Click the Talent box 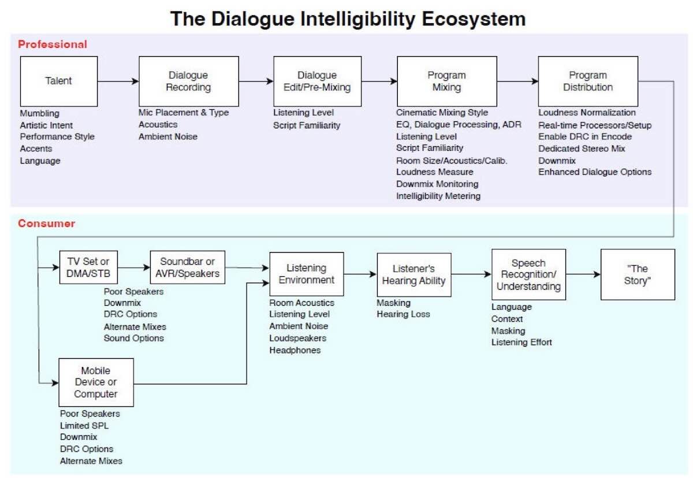tap(58, 81)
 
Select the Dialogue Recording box tap(188, 81)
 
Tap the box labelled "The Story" tap(637, 275)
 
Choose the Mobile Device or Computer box tap(96, 383)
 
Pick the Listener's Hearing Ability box tap(413, 275)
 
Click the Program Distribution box tap(587, 81)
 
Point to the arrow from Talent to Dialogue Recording tap(118, 81)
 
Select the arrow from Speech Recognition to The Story tap(583, 275)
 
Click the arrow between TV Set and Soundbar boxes tap(133, 268)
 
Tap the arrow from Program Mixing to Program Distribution tap(517, 81)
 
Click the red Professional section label tap(53, 44)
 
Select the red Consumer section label tap(46, 223)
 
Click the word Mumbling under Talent tap(39, 113)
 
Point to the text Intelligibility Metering tap(438, 196)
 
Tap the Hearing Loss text tap(403, 314)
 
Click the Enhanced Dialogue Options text tap(595, 172)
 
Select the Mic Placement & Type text tap(184, 113)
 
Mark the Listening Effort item tap(521, 342)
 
